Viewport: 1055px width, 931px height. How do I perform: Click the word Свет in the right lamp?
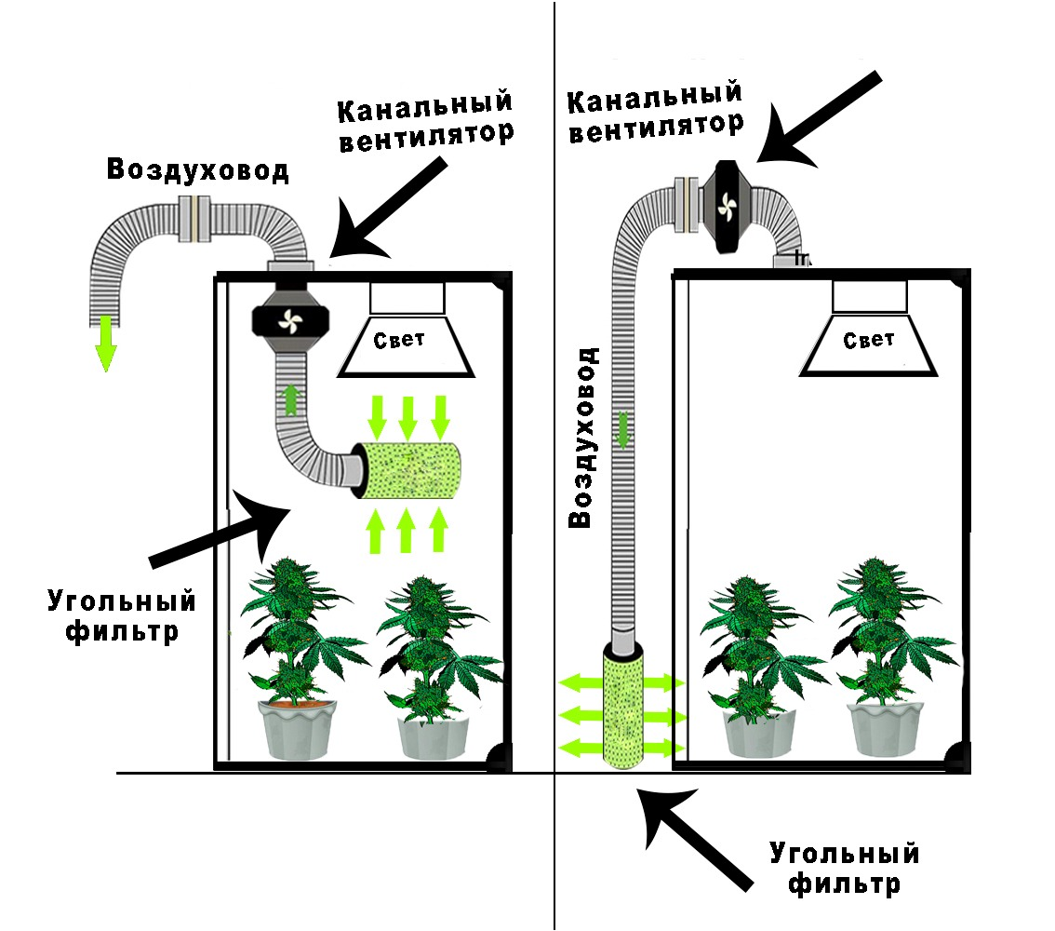[x=868, y=341]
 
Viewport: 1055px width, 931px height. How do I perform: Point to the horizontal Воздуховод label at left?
[x=197, y=170]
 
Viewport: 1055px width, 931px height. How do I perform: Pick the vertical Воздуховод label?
[x=581, y=438]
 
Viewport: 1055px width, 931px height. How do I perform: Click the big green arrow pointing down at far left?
[x=107, y=344]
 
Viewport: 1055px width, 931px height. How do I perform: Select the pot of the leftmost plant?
[x=295, y=729]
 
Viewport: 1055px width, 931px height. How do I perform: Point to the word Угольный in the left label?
[x=122, y=600]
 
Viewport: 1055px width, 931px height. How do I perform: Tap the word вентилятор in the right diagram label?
[x=656, y=126]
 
